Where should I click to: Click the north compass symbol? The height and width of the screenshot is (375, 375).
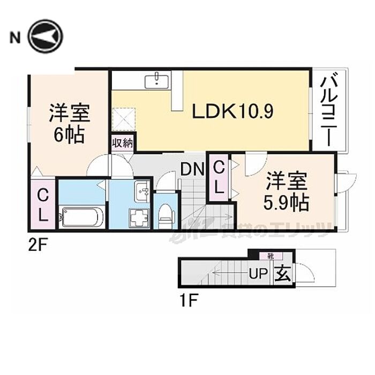click(46, 36)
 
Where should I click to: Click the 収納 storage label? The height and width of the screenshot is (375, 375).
click(123, 143)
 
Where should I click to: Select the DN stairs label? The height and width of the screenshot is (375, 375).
click(192, 170)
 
